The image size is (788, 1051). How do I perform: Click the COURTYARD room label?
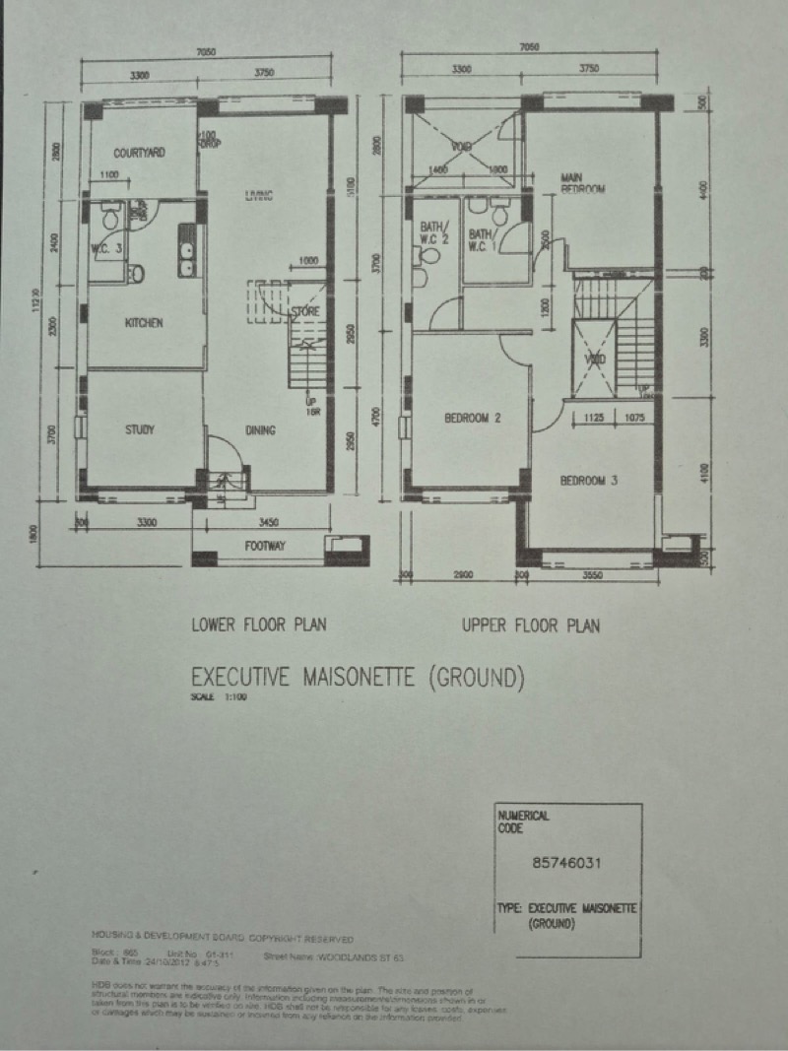(139, 153)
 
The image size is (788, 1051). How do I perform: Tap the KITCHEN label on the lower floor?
(144, 323)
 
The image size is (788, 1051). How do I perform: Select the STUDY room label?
(141, 429)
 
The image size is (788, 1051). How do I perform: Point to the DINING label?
(261, 430)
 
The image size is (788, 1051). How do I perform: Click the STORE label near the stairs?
(305, 312)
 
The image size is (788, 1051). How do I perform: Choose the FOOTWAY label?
(264, 546)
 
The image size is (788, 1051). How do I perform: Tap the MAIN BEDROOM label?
(582, 182)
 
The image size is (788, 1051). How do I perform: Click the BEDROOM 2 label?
(473, 419)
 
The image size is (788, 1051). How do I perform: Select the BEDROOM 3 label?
(589, 481)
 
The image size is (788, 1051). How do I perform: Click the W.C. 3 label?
(106, 248)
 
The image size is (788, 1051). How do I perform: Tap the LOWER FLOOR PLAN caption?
(258, 624)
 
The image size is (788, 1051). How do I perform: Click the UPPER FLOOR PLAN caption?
(530, 625)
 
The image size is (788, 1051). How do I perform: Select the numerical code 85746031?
(566, 864)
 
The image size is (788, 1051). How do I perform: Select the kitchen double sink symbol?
(185, 249)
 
